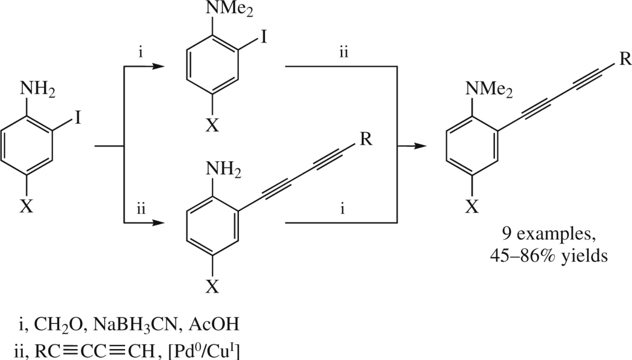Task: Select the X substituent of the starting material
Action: (x=26, y=207)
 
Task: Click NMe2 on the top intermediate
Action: (x=229, y=9)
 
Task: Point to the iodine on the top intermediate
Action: (x=263, y=38)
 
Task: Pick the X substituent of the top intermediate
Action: (x=212, y=126)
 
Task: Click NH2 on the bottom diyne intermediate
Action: (x=223, y=170)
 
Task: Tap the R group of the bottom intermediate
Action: (x=365, y=139)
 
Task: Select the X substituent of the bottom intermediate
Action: (x=212, y=287)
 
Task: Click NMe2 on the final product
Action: (x=489, y=89)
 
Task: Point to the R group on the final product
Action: (x=625, y=59)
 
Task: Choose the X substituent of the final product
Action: (x=471, y=207)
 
